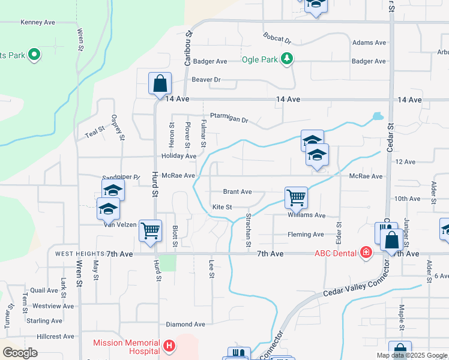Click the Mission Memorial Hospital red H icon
(x=169, y=346)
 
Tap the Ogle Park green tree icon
(x=288, y=59)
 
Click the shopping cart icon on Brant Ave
(x=296, y=197)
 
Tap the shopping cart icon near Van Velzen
(x=150, y=230)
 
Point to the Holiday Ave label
(x=178, y=156)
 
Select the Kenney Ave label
(x=37, y=22)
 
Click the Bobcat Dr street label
(x=277, y=38)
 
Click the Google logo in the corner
(x=20, y=352)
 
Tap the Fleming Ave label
(x=306, y=235)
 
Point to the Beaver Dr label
(x=206, y=79)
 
